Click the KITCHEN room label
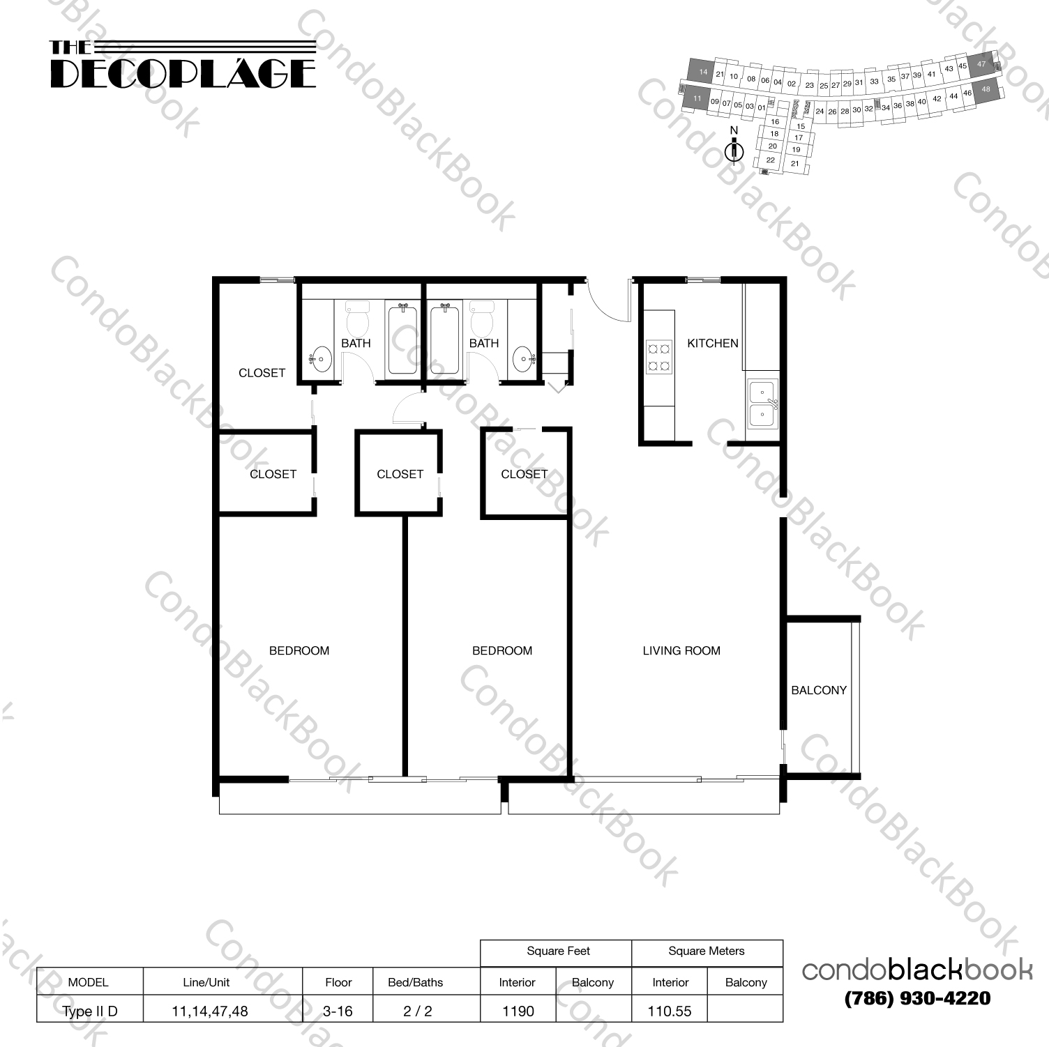(712, 343)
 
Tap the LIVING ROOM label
(681, 650)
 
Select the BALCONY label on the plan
(818, 690)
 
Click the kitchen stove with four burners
(659, 356)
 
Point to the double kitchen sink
(762, 404)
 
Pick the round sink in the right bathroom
(522, 360)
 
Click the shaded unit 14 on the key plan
(702, 72)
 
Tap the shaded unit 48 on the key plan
(985, 90)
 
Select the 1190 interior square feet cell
(518, 1011)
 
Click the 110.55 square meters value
(670, 1011)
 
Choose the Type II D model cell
(90, 1011)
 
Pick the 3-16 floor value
(338, 1011)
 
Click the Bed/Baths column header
(415, 982)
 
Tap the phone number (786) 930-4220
(916, 998)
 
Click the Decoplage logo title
(183, 66)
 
